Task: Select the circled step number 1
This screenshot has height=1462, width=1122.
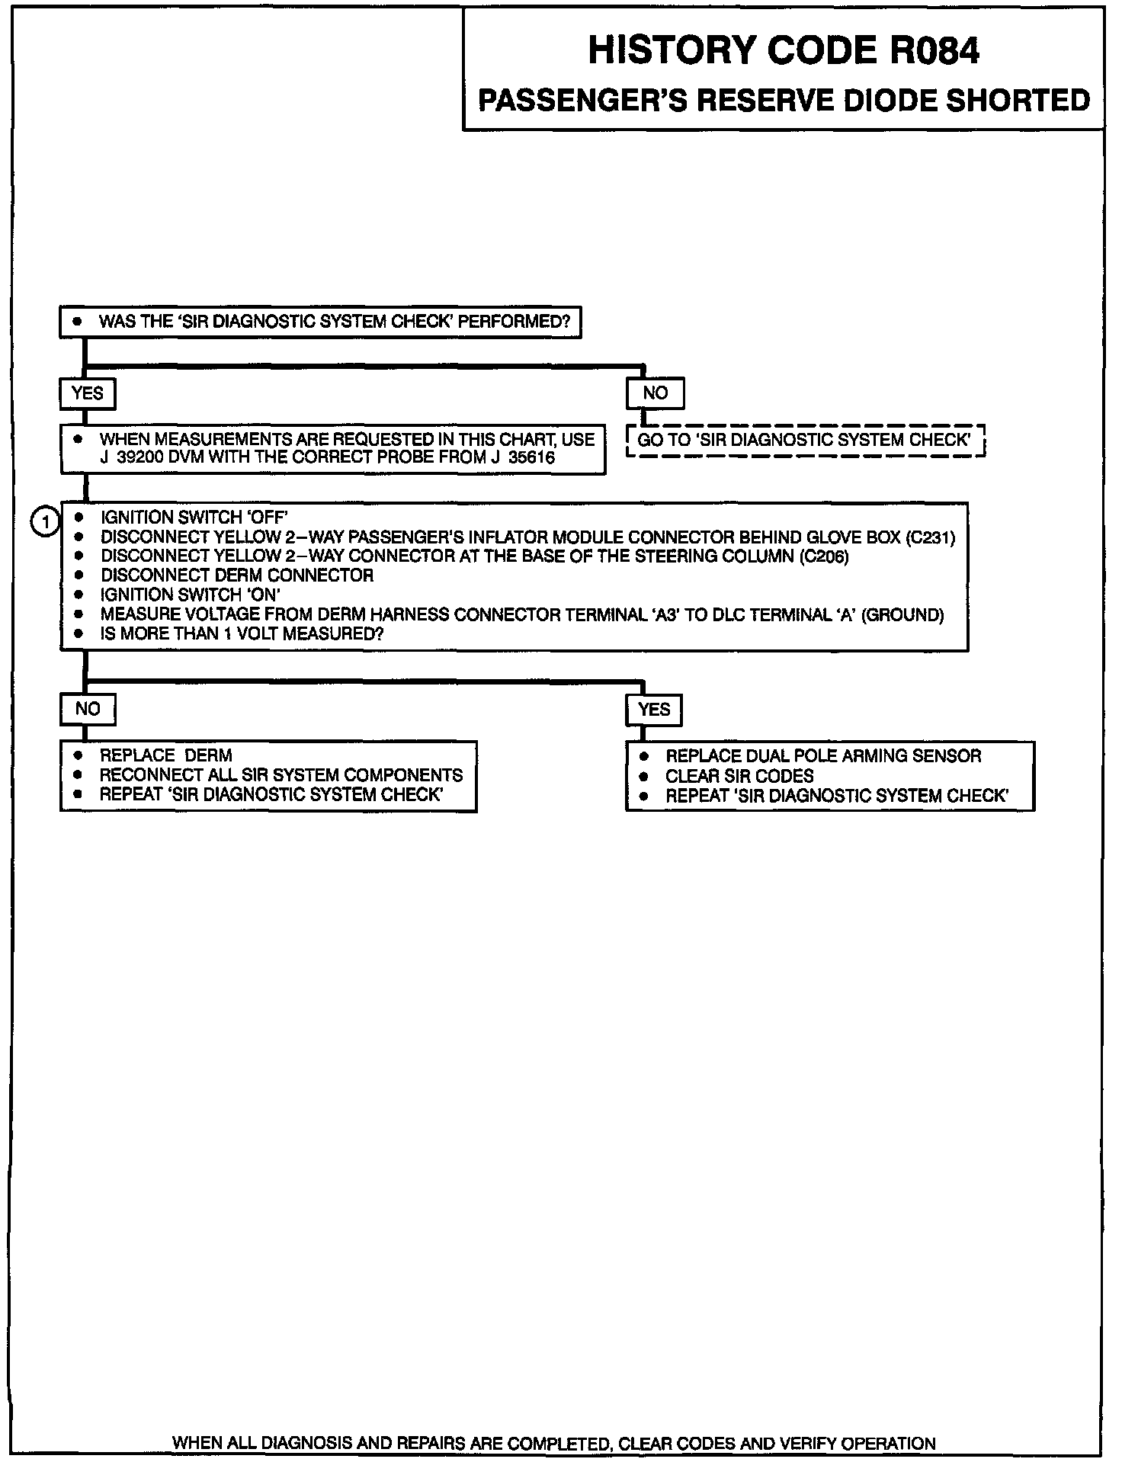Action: [46, 522]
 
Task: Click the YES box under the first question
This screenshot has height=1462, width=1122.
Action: [87, 393]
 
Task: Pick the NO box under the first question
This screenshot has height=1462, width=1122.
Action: [655, 393]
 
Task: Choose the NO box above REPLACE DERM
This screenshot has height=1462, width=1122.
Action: [87, 709]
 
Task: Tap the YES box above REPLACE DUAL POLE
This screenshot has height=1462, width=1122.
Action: [654, 710]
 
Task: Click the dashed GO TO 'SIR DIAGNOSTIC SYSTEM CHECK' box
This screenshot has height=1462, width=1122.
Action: [804, 441]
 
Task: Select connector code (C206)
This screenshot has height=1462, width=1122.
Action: [824, 556]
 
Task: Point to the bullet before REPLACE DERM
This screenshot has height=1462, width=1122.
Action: [78, 755]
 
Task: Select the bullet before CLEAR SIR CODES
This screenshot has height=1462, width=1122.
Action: [644, 776]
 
